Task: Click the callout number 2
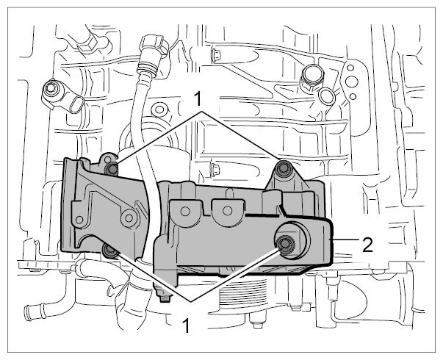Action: [367, 245]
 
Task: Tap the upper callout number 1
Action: [198, 99]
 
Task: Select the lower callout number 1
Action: [186, 325]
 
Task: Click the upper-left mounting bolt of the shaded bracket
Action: [112, 170]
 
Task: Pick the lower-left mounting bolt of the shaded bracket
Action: [109, 251]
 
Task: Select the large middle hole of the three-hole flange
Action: [352, 82]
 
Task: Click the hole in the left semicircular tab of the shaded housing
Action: [185, 211]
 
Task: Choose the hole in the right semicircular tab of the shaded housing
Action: [228, 211]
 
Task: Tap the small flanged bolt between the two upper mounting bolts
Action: [215, 170]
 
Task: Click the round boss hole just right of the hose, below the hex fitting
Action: [158, 109]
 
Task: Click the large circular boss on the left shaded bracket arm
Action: [129, 218]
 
